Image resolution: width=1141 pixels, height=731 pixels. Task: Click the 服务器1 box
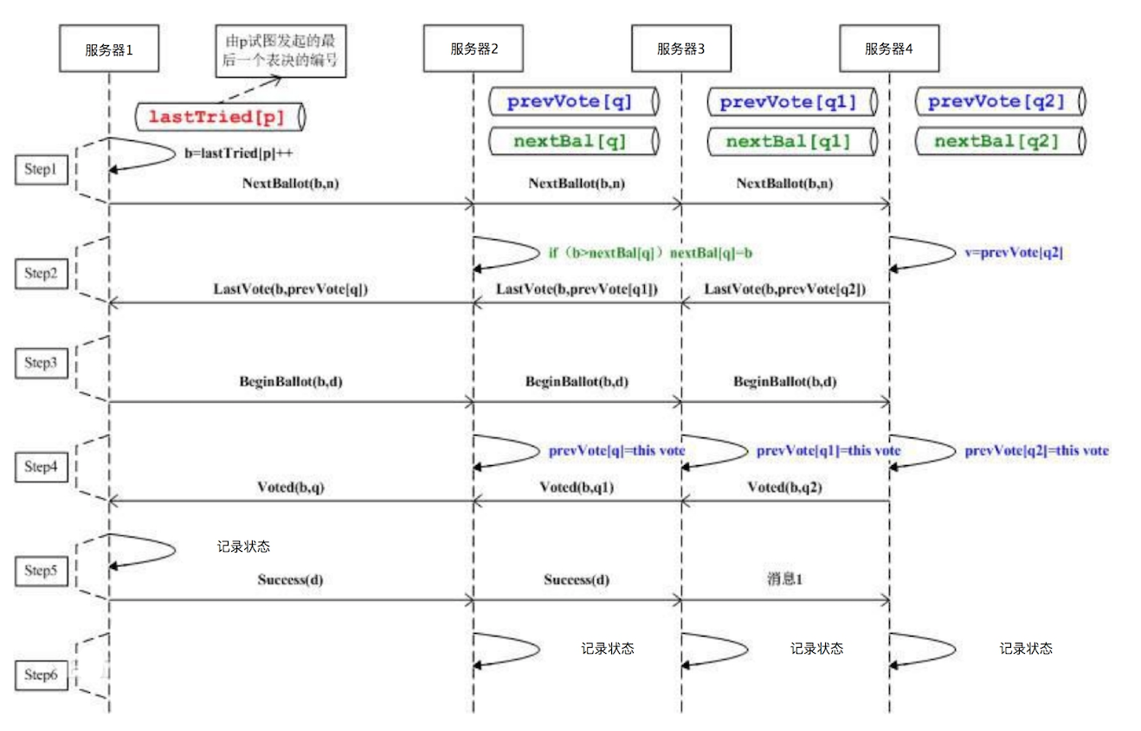[x=109, y=49]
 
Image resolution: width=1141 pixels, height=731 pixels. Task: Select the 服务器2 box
[x=474, y=49]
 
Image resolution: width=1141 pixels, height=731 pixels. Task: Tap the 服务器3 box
[x=680, y=49]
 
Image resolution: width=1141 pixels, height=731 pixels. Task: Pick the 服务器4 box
[x=889, y=49]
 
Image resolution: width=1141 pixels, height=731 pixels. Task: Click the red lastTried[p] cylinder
[x=221, y=115]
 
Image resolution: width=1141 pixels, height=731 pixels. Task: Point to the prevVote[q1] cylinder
[x=788, y=102]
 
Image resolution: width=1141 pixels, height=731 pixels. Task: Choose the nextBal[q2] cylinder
[x=996, y=140]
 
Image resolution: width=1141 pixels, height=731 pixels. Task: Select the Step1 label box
[x=40, y=171]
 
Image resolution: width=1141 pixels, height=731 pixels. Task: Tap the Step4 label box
[x=40, y=467]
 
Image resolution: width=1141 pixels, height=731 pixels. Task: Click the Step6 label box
[x=40, y=675]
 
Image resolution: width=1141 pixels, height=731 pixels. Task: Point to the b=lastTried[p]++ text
[x=234, y=152]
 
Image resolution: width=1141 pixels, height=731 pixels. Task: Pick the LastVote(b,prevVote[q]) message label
[x=290, y=288]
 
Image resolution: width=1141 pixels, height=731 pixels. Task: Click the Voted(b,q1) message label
[x=577, y=488]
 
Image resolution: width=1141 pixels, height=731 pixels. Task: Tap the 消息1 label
[x=784, y=579]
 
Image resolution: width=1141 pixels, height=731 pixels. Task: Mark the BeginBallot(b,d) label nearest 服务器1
[x=290, y=381]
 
